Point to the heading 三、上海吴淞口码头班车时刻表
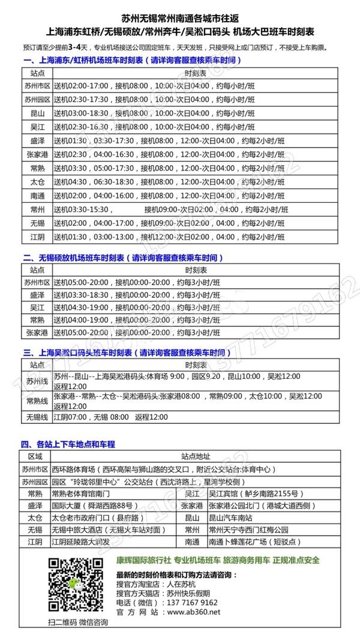tap(126, 352)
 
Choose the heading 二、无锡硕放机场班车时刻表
tap(123, 257)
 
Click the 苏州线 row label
tap(36, 381)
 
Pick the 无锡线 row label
tap(36, 417)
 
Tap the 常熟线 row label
tap(36, 400)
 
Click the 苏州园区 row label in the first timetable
tap(36, 99)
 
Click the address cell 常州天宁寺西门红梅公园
tap(247, 530)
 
